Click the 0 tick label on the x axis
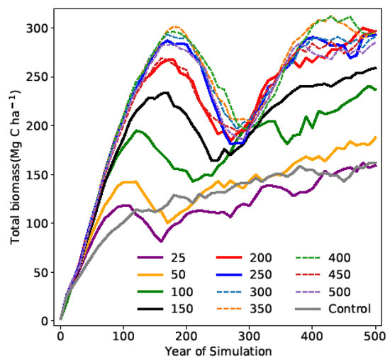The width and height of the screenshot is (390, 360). click(61, 334)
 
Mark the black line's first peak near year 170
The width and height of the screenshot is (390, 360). click(166, 92)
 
